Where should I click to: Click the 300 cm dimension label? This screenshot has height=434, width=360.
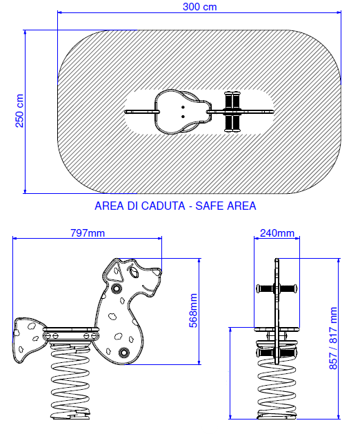(x=199, y=7)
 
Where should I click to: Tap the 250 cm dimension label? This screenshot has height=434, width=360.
(x=19, y=110)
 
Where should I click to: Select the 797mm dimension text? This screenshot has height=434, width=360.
(x=88, y=233)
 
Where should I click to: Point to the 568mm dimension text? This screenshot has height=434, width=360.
(x=193, y=310)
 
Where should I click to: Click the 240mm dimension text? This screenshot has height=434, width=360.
(x=277, y=233)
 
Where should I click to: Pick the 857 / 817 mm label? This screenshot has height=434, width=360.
(x=333, y=338)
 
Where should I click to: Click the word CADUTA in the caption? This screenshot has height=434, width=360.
(x=156, y=206)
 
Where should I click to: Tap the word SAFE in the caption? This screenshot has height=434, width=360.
(x=210, y=206)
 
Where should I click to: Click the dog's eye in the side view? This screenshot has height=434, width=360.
(x=134, y=273)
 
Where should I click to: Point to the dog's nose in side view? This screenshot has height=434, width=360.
(x=157, y=272)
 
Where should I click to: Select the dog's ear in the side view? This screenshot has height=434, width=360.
(x=114, y=271)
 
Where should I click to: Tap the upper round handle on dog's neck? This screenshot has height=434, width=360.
(x=117, y=288)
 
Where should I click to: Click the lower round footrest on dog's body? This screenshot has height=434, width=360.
(x=123, y=352)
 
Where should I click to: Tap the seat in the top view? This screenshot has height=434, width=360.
(x=181, y=112)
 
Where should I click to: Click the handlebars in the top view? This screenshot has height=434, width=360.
(x=232, y=112)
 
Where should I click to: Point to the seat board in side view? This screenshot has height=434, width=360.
(x=71, y=329)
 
